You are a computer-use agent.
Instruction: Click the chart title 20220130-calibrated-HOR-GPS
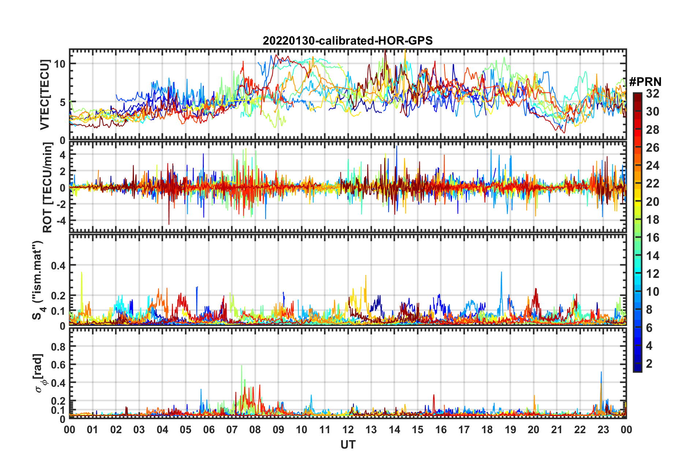pos(348,41)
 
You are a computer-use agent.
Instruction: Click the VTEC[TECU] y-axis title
pos(45,95)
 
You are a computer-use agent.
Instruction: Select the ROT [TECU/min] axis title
pos(47,188)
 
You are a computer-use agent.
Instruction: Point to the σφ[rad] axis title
pos(39,373)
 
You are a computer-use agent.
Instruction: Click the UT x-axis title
pos(348,445)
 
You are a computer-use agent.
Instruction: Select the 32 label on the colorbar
pos(652,94)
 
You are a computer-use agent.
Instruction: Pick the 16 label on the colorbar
pos(652,238)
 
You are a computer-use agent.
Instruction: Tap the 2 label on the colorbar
pos(649,364)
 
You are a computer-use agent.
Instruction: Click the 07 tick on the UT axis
pos(232,430)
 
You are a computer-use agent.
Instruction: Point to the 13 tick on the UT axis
pos(371,430)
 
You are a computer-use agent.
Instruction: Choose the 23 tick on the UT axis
pos(603,430)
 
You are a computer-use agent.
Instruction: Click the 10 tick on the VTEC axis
pos(60,64)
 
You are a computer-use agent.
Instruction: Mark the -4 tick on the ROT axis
pos(60,221)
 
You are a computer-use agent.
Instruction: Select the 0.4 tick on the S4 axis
pos(58,265)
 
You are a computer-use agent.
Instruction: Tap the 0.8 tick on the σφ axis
pos(58,347)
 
